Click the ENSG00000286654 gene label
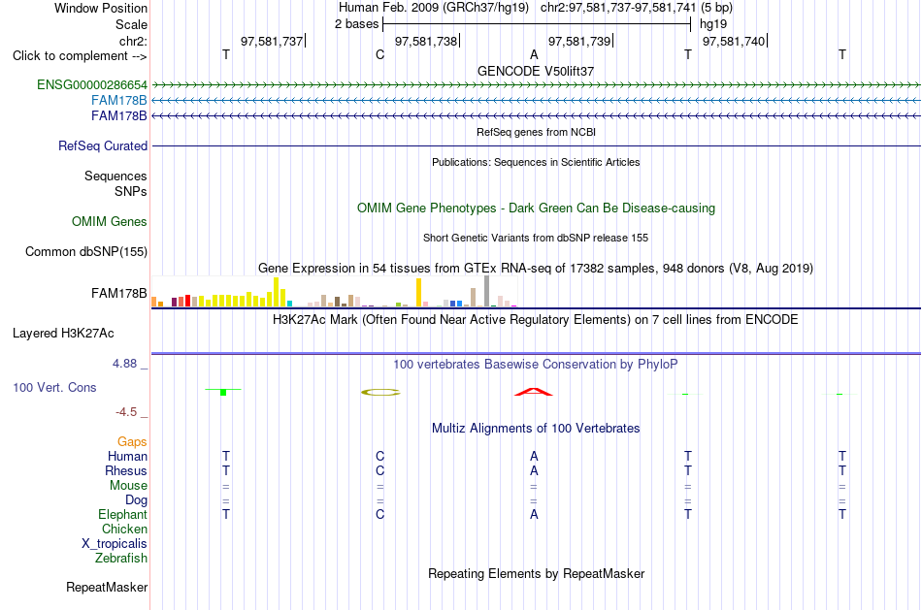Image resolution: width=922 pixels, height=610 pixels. pyautogui.click(x=92, y=84)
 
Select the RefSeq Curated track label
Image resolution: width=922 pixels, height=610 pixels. pyautogui.click(x=103, y=145)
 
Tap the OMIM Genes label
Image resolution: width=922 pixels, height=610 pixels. pyautogui.click(x=110, y=221)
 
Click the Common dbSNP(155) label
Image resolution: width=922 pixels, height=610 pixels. pyautogui.click(x=86, y=251)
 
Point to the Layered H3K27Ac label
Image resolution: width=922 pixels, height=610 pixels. pyautogui.click(x=63, y=334)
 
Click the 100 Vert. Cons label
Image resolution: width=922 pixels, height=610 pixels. pyautogui.click(x=54, y=387)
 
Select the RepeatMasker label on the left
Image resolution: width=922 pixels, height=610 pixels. pyautogui.click(x=107, y=587)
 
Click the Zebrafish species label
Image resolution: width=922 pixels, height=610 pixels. pyautogui.click(x=121, y=558)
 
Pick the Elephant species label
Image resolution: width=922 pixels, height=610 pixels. pyautogui.click(x=123, y=514)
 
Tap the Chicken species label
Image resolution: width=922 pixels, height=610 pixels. pyautogui.click(x=124, y=529)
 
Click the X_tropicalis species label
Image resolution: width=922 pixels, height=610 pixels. pyautogui.click(x=115, y=544)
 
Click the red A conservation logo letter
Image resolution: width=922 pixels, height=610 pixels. pyautogui.click(x=534, y=392)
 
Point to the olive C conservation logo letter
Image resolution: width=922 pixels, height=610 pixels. pyautogui.click(x=380, y=392)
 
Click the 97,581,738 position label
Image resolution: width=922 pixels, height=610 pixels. pyautogui.click(x=426, y=41)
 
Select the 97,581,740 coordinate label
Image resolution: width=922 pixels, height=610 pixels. pyautogui.click(x=734, y=41)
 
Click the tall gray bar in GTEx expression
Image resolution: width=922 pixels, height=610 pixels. pyautogui.click(x=486, y=291)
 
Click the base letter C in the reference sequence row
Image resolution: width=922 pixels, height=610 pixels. pyautogui.click(x=379, y=54)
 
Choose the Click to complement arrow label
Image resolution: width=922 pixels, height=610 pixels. pyautogui.click(x=80, y=56)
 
